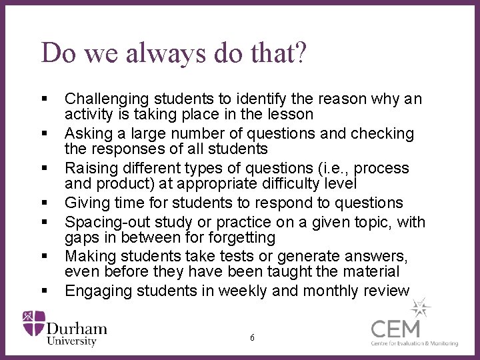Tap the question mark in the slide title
tap(300, 53)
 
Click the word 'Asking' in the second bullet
tap(88, 134)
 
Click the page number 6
tap(252, 338)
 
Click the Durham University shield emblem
tap(34, 322)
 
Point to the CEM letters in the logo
tap(395, 329)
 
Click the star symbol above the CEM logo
tap(421, 307)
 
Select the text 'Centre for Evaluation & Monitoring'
tap(415, 343)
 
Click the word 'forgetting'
tap(241, 238)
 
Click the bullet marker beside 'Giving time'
tap(45, 203)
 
